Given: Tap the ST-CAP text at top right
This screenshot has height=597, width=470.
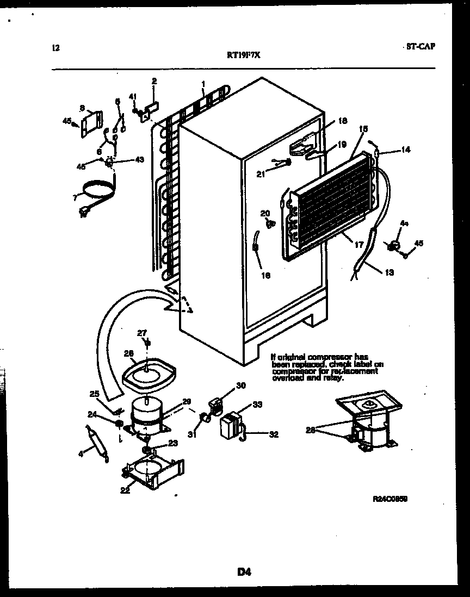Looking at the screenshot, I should coord(420,47).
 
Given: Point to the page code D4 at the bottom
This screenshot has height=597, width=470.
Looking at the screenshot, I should coord(244,571).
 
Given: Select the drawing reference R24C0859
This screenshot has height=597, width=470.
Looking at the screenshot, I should coord(390,498).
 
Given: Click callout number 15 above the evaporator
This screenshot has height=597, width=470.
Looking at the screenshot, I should coord(363,129).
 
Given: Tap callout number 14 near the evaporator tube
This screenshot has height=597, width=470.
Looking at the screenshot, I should coord(406,150).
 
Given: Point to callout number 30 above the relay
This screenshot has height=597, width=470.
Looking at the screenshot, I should coord(241,385).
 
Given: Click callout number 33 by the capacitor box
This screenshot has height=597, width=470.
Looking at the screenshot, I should coord(257,405).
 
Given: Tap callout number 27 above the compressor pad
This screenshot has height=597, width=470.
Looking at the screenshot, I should coord(141,333).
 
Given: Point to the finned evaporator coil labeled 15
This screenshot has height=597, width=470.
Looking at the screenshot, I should coord(332,201).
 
